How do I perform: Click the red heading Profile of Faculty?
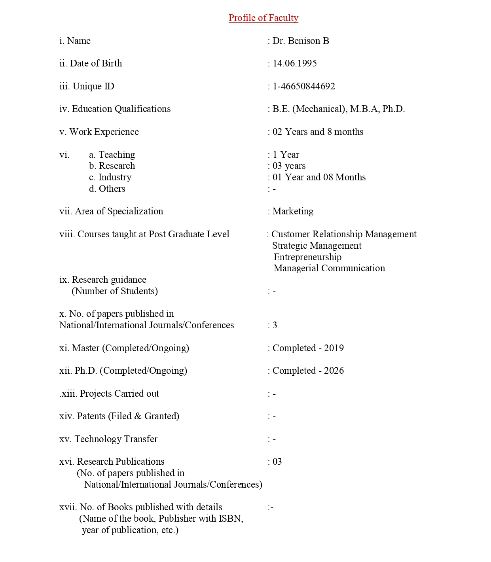pos(263,18)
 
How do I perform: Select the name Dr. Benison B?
pos(300,41)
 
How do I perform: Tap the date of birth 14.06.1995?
pos(294,64)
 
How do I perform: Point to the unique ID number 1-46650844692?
pos(303,87)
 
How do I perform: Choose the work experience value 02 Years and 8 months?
pos(318,132)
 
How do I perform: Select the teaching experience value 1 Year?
pos(286,155)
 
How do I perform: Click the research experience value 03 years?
pos(289,166)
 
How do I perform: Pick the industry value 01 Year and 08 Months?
pos(319,178)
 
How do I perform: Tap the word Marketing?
pos(293,212)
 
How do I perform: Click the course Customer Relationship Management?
pos(344,235)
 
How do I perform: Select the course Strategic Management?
pos(317,246)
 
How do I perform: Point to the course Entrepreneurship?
pos(307,257)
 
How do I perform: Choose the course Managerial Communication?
pos(329,269)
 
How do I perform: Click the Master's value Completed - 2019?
pos(308,348)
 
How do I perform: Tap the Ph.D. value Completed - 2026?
pos(308,371)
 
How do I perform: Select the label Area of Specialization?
pos(118,212)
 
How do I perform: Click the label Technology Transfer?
pos(116,439)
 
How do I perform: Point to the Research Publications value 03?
pos(277,462)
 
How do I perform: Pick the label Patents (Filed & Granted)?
pos(127,416)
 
